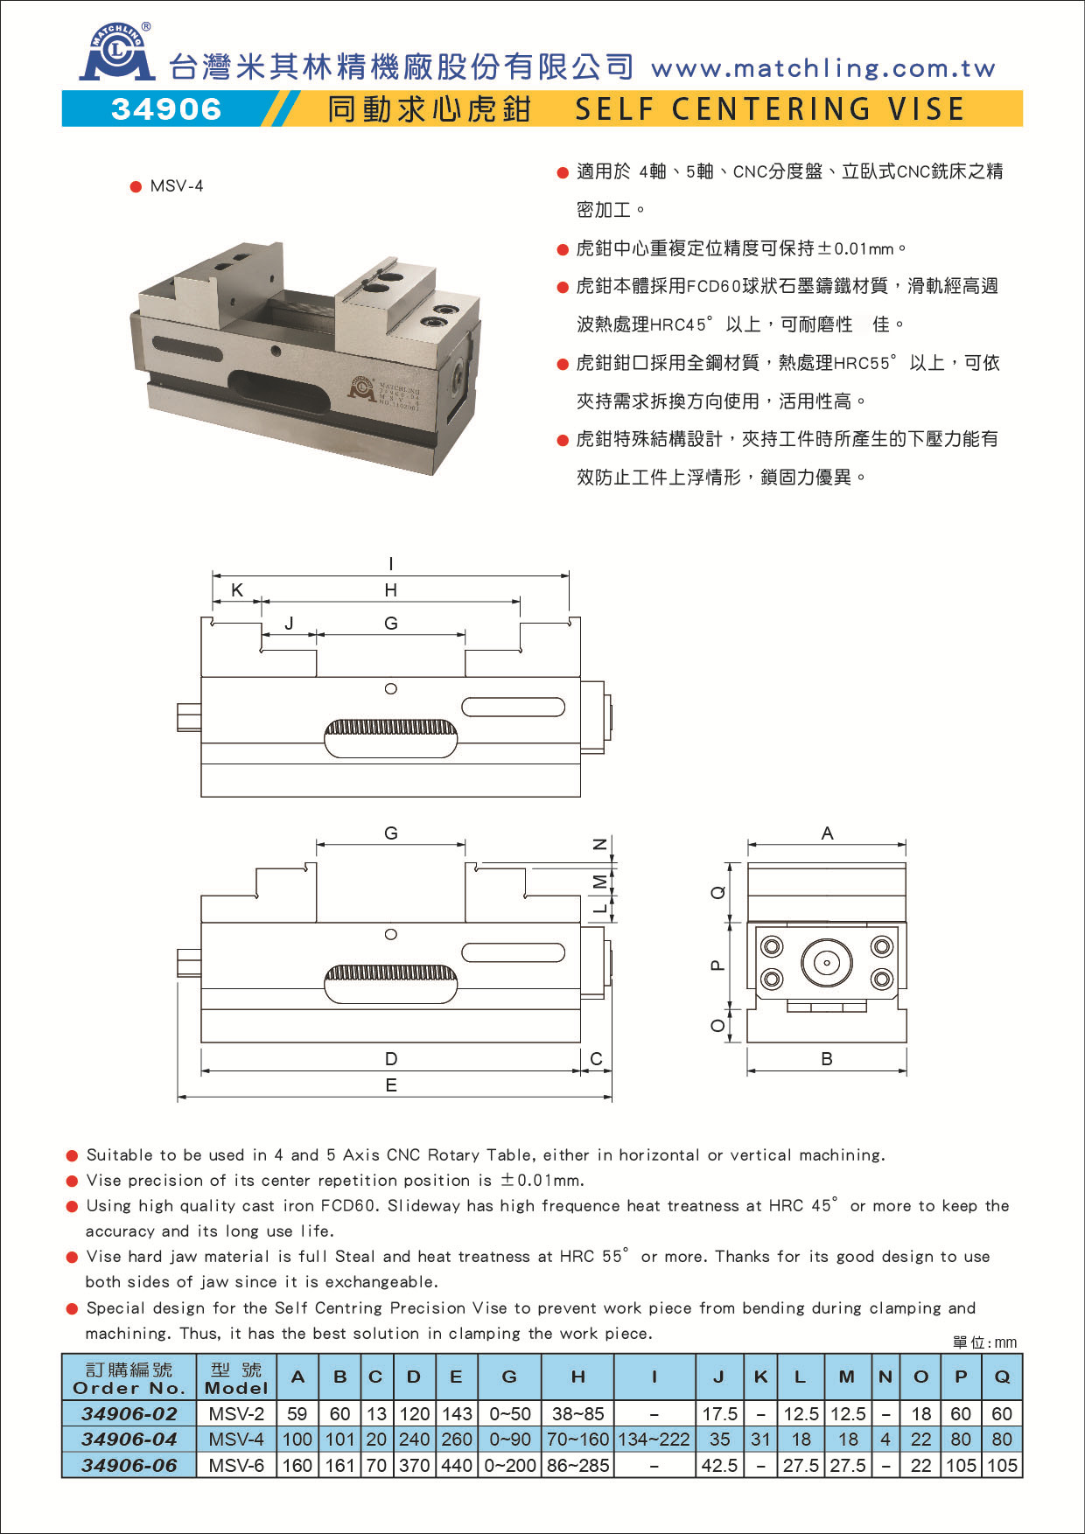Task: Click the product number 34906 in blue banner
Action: point(166,108)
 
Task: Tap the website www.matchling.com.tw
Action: point(822,68)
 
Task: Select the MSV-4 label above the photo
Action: point(176,185)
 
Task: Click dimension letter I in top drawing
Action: point(390,564)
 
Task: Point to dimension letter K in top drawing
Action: point(236,590)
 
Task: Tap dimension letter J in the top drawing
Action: point(289,624)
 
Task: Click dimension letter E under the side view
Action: point(390,1085)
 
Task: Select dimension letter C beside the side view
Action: point(596,1059)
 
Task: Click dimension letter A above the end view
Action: point(827,833)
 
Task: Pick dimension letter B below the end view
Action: point(827,1059)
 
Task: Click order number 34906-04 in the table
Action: point(129,1439)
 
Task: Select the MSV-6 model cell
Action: point(236,1465)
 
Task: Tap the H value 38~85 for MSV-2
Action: point(577,1413)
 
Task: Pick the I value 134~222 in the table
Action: point(654,1439)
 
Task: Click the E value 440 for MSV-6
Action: point(456,1465)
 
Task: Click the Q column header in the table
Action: point(1002,1377)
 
